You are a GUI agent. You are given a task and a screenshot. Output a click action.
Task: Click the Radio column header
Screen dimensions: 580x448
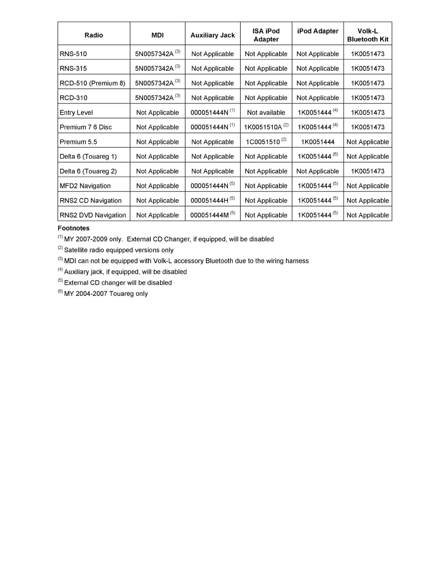coord(94,35)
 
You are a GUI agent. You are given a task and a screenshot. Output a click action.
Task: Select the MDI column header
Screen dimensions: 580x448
coord(157,35)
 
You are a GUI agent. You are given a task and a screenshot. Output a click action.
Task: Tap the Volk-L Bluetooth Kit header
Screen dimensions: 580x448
coord(367,35)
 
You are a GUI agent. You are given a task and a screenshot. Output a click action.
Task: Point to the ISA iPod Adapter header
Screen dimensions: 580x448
coord(266,35)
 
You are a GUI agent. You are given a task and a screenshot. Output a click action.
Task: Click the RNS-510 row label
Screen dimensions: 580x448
coord(73,54)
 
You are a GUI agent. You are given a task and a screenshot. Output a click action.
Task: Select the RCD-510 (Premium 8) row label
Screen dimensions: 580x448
coord(92,83)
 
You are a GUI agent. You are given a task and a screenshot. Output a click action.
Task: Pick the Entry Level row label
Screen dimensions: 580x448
coord(76,112)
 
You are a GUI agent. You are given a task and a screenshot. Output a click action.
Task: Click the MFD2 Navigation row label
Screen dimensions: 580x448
coord(85,186)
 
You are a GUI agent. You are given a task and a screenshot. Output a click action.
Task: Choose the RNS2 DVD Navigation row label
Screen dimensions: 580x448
coord(93,215)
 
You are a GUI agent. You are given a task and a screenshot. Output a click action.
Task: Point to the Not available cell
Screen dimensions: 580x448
coord(266,112)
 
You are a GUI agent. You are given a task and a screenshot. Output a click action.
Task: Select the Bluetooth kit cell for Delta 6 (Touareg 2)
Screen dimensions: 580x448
coord(367,171)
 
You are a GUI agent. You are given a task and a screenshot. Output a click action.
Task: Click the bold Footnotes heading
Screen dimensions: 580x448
coord(74,228)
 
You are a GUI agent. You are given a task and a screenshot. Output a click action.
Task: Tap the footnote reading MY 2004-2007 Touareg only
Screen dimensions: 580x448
coord(105,293)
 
